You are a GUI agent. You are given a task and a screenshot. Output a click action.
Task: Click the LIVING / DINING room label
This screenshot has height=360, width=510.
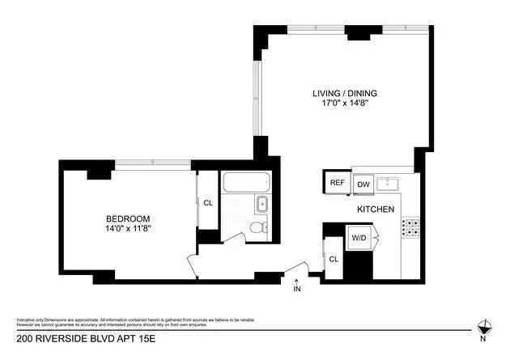point(345,93)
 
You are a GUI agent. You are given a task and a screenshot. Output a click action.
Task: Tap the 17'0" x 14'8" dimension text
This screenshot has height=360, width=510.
point(345,104)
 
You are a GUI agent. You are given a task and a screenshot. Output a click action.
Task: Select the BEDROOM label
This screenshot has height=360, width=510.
point(129,218)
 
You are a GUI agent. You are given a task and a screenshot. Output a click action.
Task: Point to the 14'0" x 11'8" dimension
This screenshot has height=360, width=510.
point(129,229)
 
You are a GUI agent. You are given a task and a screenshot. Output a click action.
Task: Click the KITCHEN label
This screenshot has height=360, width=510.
point(376,210)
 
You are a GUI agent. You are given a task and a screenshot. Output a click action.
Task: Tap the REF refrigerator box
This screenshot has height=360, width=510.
point(337,183)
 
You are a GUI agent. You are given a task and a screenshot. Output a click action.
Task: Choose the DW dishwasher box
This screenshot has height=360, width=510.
point(363,184)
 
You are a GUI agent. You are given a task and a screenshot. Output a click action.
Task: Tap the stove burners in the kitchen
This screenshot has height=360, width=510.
point(411,227)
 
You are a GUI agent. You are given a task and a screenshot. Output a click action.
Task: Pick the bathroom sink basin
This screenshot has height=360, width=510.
point(263,204)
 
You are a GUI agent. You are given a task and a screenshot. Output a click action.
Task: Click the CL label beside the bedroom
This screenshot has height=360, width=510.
point(208,203)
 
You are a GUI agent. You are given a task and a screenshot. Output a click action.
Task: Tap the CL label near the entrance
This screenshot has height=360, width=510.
point(334,259)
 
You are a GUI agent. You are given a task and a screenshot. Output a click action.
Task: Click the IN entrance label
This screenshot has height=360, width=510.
point(296,289)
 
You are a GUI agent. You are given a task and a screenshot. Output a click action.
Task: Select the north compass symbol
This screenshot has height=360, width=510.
point(483,328)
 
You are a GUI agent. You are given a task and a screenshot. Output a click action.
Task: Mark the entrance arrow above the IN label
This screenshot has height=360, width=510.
point(296,280)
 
